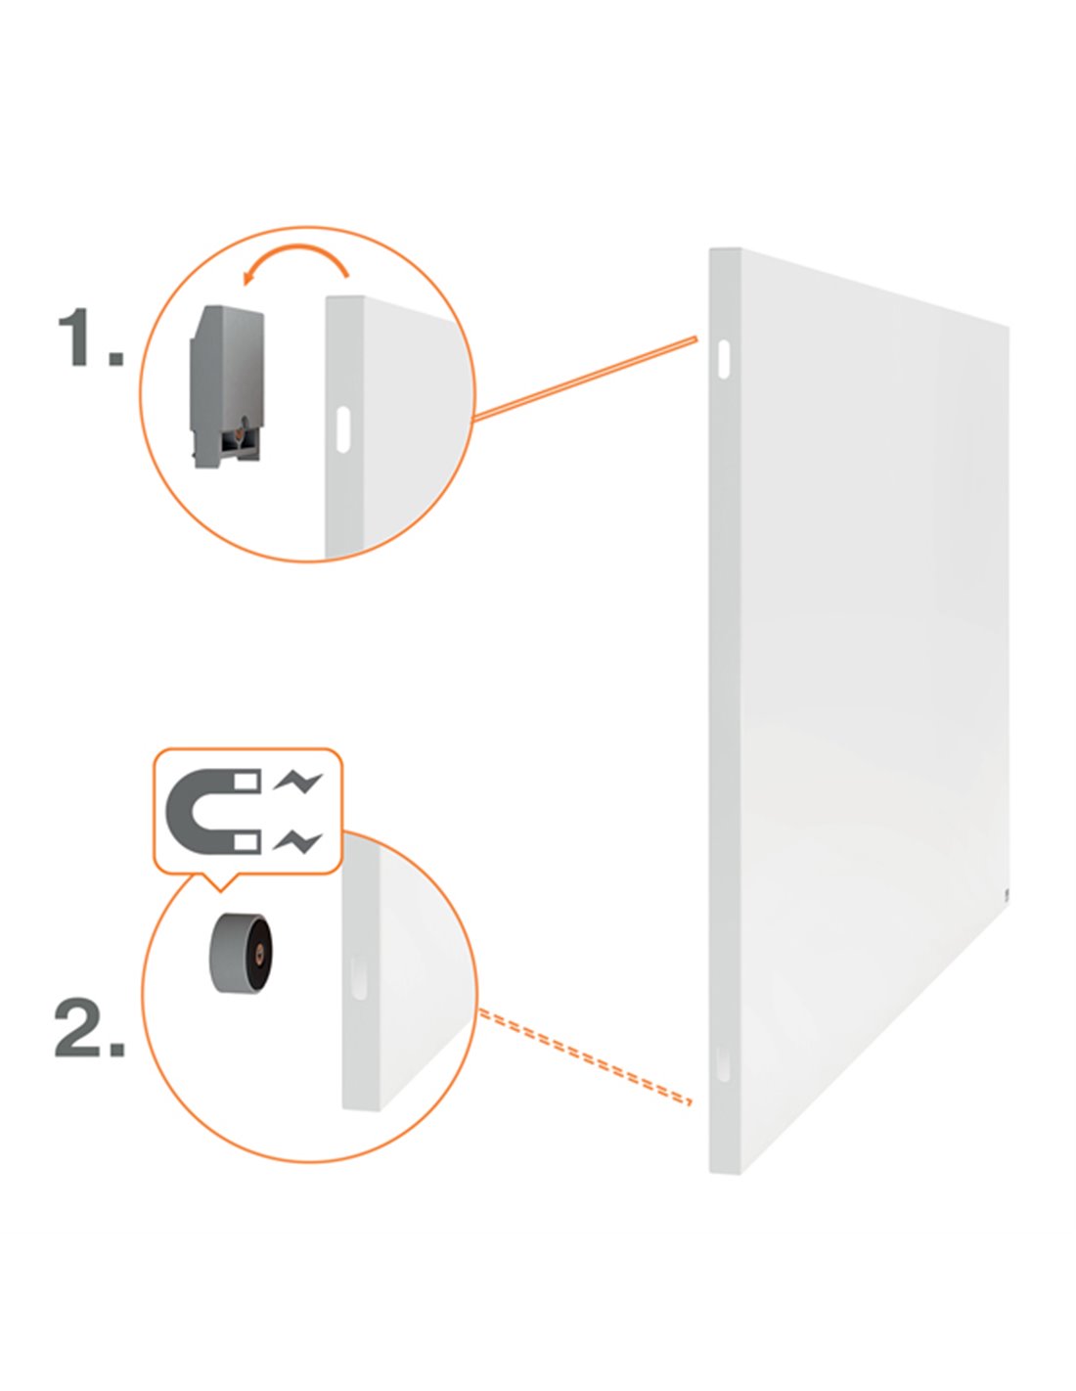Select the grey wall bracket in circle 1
click(x=226, y=386)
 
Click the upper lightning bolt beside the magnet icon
click(x=297, y=782)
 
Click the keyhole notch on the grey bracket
click(x=236, y=425)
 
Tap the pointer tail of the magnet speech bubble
click(x=219, y=881)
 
